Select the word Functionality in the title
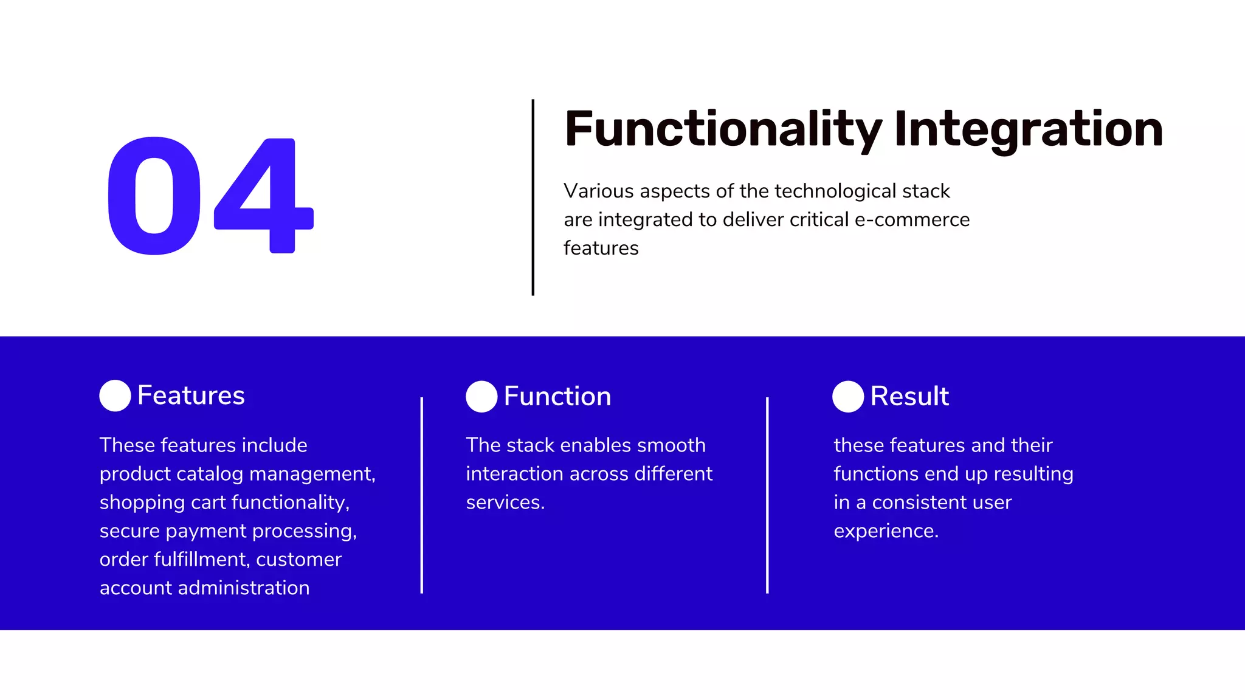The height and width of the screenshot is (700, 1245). point(723,129)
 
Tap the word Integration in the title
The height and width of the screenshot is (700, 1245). point(1028,129)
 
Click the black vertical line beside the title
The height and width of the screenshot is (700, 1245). point(533,197)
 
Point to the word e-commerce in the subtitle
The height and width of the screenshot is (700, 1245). point(912,219)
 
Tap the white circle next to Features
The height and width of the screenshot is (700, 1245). point(115,396)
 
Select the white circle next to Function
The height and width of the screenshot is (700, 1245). point(481,396)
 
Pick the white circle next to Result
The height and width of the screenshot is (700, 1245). point(848,396)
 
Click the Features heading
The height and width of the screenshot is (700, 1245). point(191,396)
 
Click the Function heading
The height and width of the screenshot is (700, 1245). point(557,396)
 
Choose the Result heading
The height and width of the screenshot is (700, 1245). point(909,396)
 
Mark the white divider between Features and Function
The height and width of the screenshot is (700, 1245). point(421,495)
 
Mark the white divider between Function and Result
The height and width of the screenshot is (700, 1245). point(767,495)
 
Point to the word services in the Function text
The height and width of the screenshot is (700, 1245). point(503,503)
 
